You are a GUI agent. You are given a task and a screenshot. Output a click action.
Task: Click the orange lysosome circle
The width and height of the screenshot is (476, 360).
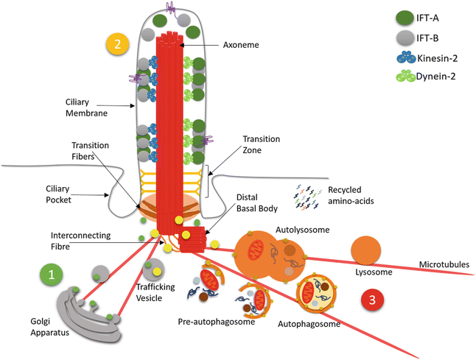(368, 252)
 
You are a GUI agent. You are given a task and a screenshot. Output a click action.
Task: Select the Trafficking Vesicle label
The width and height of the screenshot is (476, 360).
(155, 292)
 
